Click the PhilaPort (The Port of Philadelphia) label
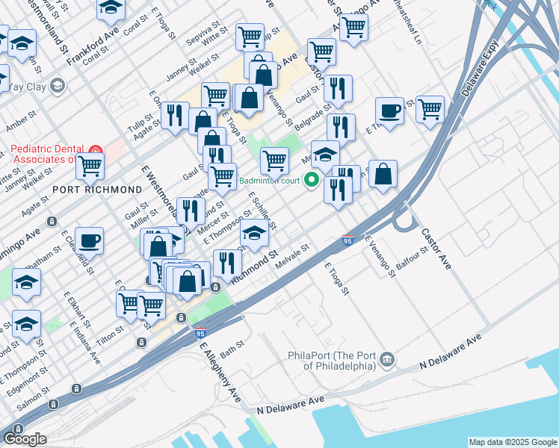333,360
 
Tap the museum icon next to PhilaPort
387,360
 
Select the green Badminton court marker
312,180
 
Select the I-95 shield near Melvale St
348,240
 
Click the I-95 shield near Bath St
200,332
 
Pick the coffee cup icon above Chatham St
89,241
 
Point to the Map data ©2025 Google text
512,442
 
